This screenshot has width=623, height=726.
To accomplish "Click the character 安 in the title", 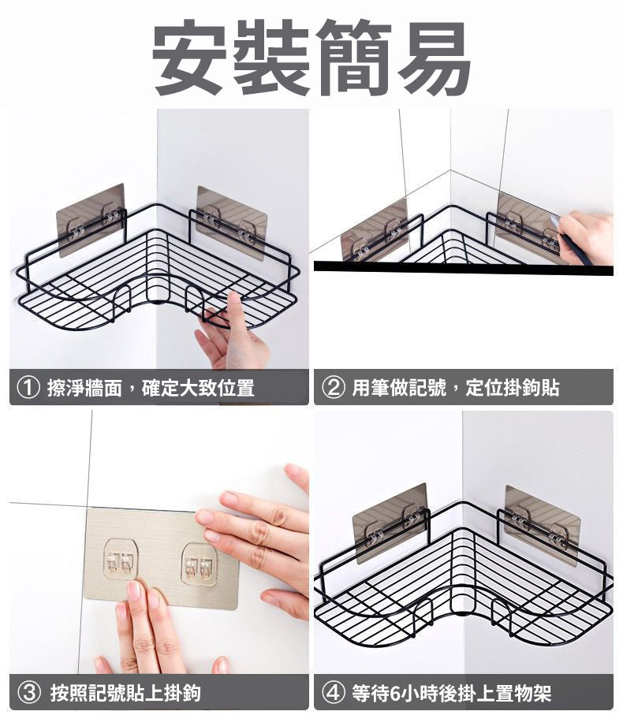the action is [x=190, y=57].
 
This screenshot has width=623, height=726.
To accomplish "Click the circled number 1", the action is [x=28, y=388].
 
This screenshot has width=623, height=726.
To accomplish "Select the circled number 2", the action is [x=334, y=388].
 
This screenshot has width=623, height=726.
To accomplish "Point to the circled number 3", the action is [x=28, y=693].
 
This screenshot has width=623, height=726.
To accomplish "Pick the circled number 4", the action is [x=334, y=693].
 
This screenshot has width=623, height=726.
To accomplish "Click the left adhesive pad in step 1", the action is [x=91, y=220].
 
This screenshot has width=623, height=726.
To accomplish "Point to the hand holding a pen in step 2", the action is [x=586, y=237].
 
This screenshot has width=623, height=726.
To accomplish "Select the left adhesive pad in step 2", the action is [x=375, y=229].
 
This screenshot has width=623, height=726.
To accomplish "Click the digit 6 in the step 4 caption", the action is [x=394, y=694].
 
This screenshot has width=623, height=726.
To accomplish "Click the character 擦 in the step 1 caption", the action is [x=56, y=388].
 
